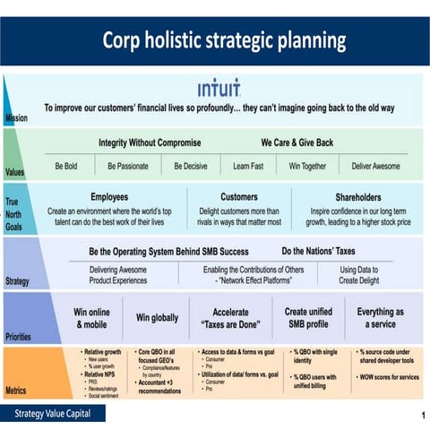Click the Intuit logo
point(219,89)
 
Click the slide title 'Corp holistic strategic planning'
point(224,40)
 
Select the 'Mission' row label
point(15,118)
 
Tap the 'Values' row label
point(15,171)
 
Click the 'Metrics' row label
point(16,391)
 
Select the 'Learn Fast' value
point(247,166)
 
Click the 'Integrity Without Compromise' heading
point(150,142)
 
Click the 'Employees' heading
point(109,196)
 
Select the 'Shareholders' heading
point(358,196)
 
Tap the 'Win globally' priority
point(157,318)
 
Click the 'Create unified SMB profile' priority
point(308,318)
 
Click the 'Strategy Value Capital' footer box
point(53,413)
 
